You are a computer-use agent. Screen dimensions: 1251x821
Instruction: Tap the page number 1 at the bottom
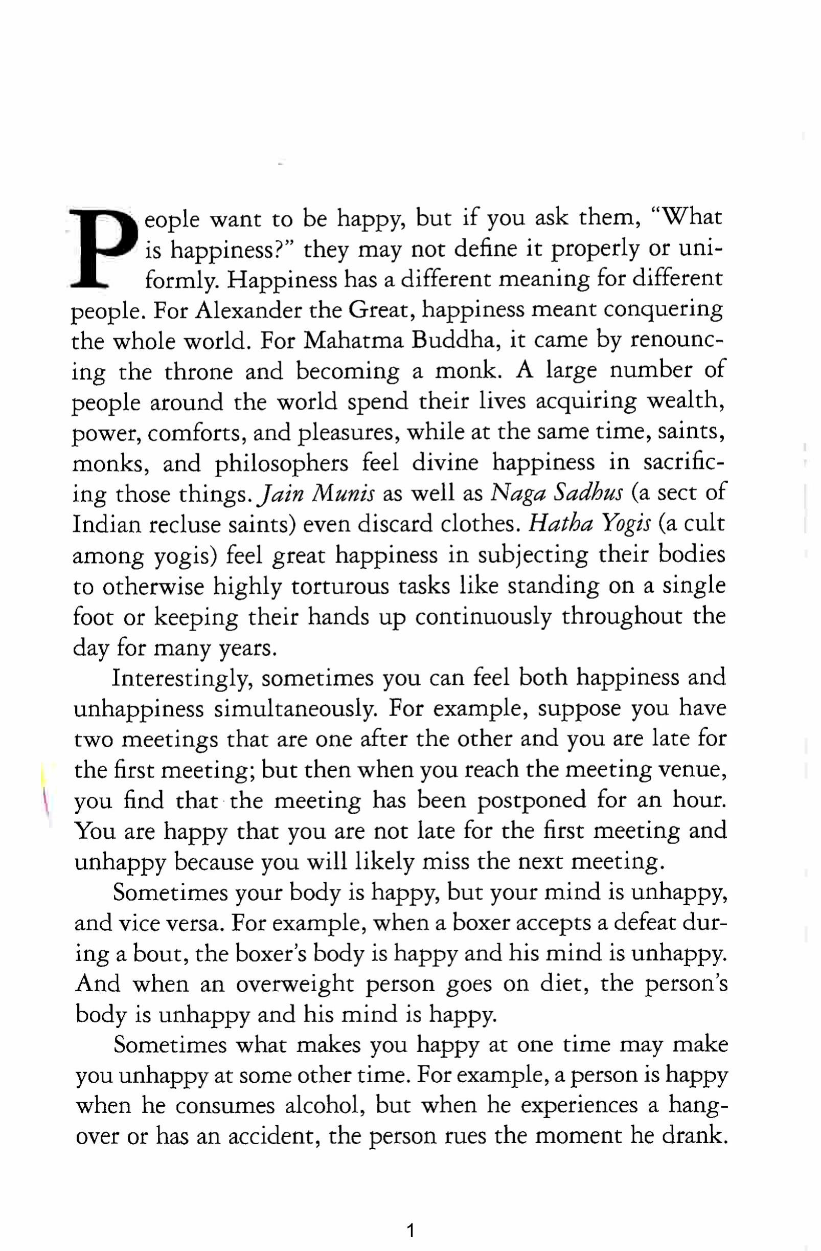[411, 1215]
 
